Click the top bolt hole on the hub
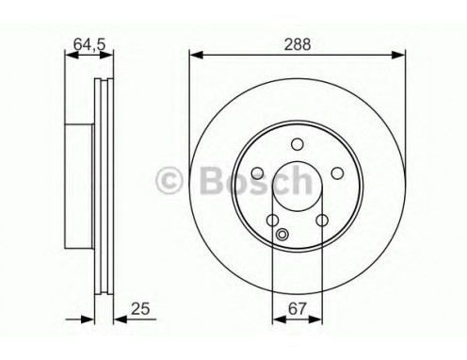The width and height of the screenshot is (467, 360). [x=297, y=143]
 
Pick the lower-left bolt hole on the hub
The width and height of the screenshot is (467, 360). [x=272, y=220]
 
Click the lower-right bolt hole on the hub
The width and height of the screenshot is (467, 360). [x=321, y=220]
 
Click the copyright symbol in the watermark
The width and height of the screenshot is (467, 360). [x=168, y=177]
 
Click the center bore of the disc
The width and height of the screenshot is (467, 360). [x=297, y=185]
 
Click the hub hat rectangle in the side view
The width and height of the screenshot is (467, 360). [x=81, y=185]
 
